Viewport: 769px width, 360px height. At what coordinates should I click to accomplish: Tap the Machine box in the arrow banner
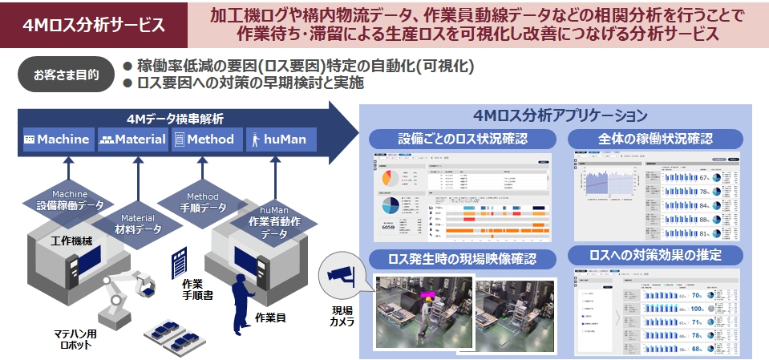click(57, 140)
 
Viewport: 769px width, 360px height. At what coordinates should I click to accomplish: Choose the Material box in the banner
click(133, 140)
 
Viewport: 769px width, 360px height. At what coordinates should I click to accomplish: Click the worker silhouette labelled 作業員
click(240, 301)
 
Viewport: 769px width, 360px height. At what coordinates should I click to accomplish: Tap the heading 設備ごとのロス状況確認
click(463, 138)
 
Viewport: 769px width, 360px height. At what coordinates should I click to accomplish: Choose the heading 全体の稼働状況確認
click(654, 138)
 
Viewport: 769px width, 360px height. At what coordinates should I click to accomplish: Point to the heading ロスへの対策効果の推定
click(654, 256)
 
